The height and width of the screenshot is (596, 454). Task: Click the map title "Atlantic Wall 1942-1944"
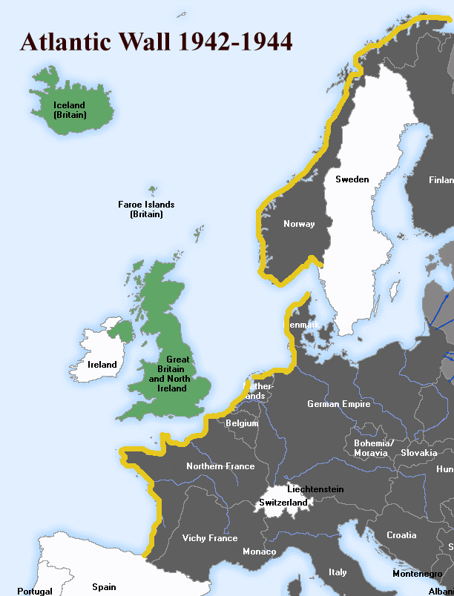point(156,41)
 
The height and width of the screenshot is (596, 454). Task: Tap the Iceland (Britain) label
point(69,110)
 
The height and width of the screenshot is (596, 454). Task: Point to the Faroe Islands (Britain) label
point(146,209)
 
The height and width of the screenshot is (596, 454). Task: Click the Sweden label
point(352,179)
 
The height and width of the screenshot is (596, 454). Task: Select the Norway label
point(299,224)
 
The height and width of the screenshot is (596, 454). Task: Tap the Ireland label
point(102,365)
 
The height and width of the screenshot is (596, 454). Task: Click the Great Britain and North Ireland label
point(168,374)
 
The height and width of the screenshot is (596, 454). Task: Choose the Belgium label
point(242,423)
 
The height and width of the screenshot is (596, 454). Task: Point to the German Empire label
point(339,404)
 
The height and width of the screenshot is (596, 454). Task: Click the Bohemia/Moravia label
point(373,448)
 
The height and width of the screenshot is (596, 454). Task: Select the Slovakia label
point(418,452)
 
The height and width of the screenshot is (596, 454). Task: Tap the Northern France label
point(220,466)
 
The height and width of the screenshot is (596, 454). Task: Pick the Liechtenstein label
point(315,489)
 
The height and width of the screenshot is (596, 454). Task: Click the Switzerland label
point(283,503)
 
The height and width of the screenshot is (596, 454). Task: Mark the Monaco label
point(259,552)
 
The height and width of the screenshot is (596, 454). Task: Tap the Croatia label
point(401,535)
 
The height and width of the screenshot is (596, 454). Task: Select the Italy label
point(338,572)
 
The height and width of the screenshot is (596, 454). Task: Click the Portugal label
point(34,591)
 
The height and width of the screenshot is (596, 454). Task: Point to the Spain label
point(104,587)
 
